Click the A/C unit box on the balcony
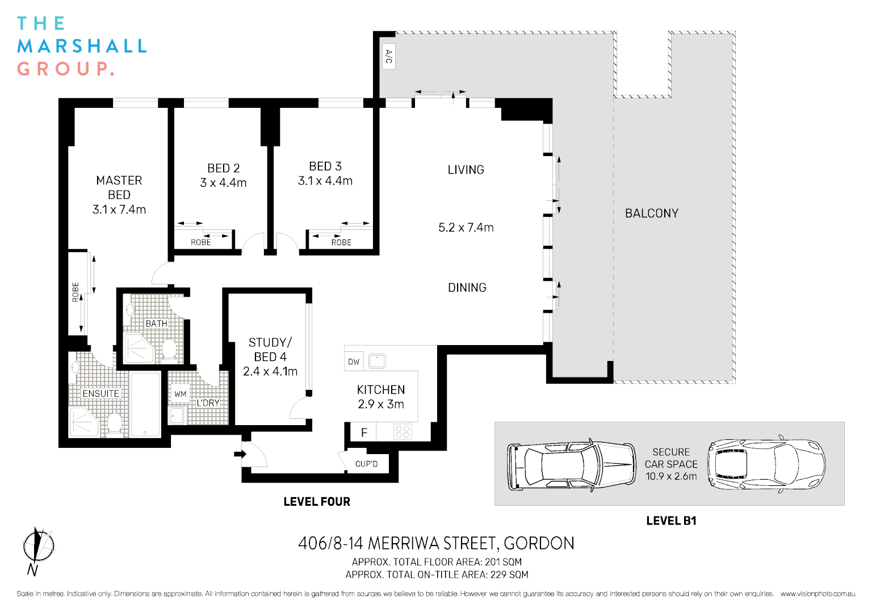tap(389, 56)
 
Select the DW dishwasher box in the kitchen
tap(354, 362)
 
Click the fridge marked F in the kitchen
tap(364, 433)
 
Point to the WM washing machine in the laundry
tap(181, 393)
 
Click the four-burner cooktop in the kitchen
tap(403, 432)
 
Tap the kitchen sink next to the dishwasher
tap(377, 361)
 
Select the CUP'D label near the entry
tap(366, 464)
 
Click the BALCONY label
tap(652, 213)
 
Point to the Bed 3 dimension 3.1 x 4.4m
tap(325, 181)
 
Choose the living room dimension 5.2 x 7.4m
tap(466, 228)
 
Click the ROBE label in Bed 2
tap(200, 242)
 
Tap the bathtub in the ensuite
tap(145, 404)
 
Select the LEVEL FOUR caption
tap(317, 502)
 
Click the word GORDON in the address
tap(539, 544)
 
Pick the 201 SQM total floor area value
tap(503, 562)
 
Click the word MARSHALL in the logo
tap(82, 46)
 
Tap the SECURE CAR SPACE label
tap(671, 458)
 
